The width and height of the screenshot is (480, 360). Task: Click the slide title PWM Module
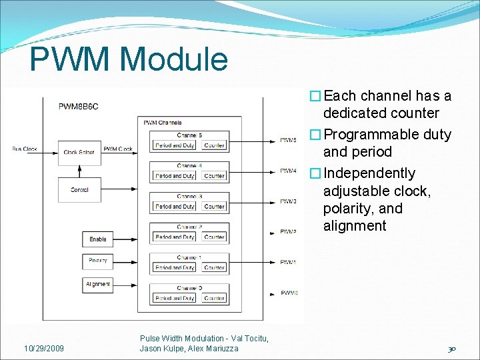tap(129, 59)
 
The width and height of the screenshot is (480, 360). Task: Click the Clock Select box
tap(79, 152)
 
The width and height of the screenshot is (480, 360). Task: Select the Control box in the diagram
tap(79, 190)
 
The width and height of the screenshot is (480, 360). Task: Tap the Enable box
tap(98, 239)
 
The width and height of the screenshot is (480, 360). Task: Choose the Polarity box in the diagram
tap(98, 261)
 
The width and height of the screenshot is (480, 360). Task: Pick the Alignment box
tap(98, 284)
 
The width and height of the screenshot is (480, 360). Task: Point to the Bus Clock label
tap(25, 149)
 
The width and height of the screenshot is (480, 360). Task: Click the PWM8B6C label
tap(79, 106)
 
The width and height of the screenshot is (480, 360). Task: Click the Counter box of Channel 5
tap(214, 145)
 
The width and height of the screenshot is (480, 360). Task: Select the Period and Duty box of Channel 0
tap(175, 298)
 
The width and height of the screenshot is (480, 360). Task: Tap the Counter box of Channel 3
tap(214, 207)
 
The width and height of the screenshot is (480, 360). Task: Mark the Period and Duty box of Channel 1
tap(175, 267)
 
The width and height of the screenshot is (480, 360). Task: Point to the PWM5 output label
tap(288, 141)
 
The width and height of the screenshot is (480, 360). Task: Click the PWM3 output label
tap(288, 201)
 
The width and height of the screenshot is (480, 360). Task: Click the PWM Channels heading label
tap(162, 123)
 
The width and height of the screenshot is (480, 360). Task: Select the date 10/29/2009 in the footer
tap(44, 349)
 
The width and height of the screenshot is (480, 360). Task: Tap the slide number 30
tap(451, 349)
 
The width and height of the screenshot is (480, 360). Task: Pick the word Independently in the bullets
tap(369, 173)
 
